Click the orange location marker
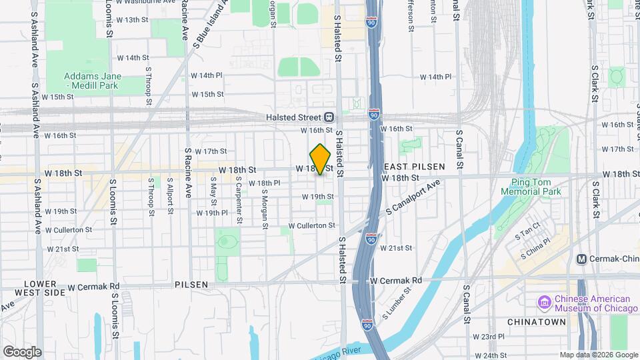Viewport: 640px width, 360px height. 321,159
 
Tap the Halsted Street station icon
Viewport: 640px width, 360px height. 329,116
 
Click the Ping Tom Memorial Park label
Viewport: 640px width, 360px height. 536,187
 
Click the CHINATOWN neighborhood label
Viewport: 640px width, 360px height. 537,322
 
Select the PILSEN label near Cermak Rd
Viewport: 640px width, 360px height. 191,284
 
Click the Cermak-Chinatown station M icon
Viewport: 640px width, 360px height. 581,259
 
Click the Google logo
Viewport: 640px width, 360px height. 22,351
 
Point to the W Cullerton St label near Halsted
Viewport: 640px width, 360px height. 311,226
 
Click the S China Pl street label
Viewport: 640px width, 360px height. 537,247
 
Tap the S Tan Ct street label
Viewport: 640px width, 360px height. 527,233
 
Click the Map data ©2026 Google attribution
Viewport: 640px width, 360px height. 598,355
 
